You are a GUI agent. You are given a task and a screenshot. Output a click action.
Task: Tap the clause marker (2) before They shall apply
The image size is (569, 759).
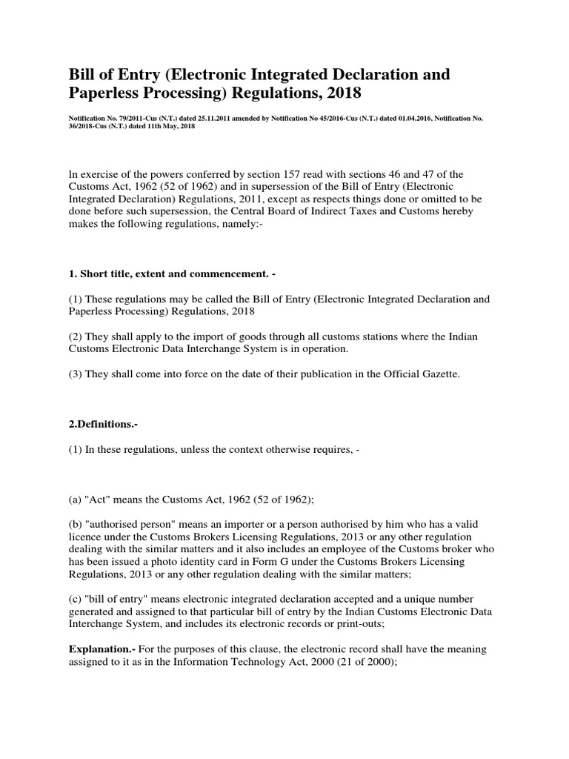click(x=76, y=337)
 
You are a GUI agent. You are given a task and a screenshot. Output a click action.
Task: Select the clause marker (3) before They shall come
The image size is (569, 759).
click(x=76, y=375)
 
